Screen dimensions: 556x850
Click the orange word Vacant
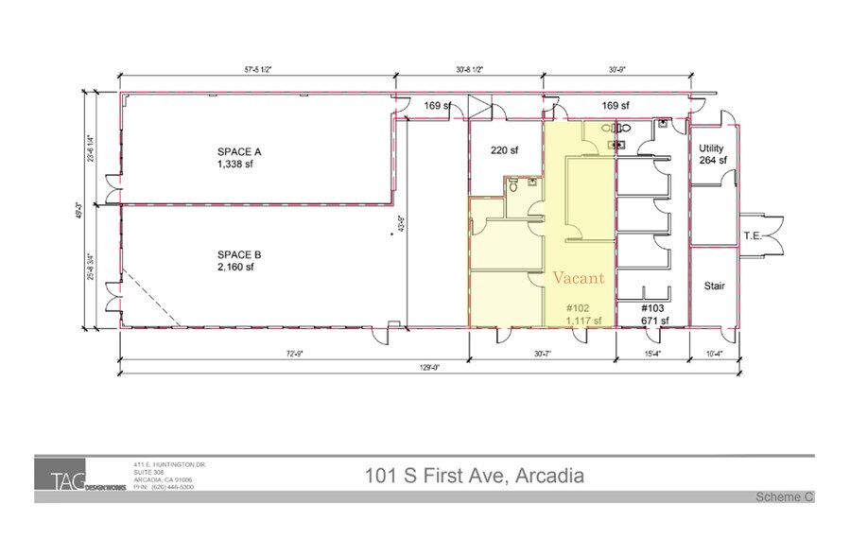point(579,278)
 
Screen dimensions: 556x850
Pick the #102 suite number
point(578,309)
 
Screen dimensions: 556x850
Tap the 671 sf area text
point(655,321)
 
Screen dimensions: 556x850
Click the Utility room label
point(711,148)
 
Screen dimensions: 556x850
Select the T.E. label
point(754,236)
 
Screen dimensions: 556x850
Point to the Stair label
point(714,286)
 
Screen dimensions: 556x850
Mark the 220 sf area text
point(504,149)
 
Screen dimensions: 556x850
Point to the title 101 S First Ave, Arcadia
point(474,475)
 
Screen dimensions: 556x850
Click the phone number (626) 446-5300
point(171,487)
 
